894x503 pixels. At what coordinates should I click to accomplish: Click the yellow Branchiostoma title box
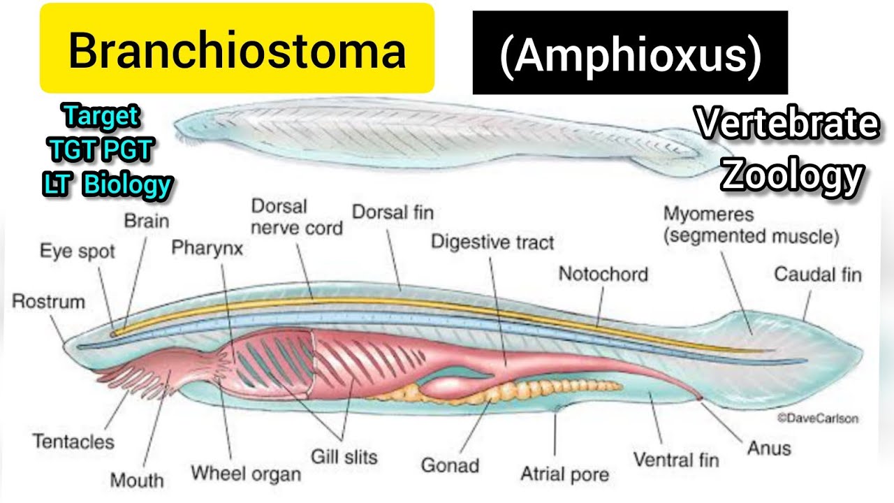(x=237, y=49)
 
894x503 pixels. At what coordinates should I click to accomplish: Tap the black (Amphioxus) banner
(x=630, y=53)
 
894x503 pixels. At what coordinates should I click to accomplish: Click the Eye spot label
(x=77, y=251)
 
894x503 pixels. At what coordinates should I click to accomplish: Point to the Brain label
(x=147, y=221)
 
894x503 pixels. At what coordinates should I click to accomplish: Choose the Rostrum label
(x=48, y=302)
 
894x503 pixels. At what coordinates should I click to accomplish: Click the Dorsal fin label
(x=393, y=212)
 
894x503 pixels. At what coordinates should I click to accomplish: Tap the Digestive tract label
(x=492, y=242)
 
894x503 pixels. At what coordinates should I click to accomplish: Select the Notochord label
(x=603, y=274)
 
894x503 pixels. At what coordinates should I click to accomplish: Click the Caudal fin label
(x=818, y=274)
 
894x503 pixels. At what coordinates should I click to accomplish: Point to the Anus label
(x=769, y=447)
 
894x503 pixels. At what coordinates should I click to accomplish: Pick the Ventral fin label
(x=675, y=460)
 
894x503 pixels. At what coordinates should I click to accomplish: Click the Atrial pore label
(x=564, y=474)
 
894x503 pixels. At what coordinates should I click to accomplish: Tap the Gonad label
(x=450, y=465)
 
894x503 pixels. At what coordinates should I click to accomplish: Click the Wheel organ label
(x=246, y=474)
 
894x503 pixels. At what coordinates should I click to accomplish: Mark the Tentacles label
(x=73, y=442)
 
